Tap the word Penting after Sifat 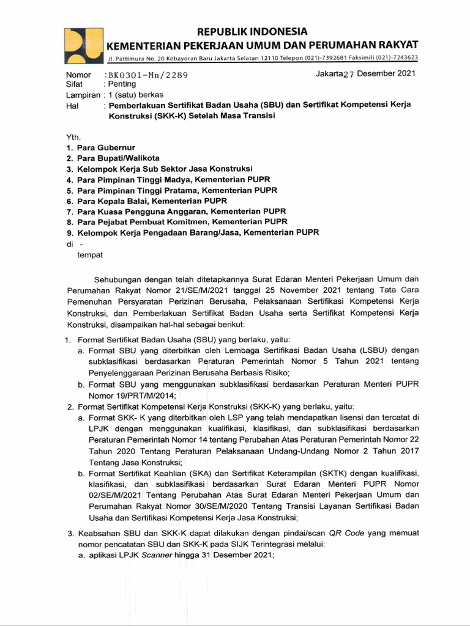pyautogui.click(x=122, y=85)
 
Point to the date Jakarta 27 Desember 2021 pyautogui.click(x=365, y=74)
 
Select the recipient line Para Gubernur pyautogui.click(x=106, y=148)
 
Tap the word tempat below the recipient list pyautogui.click(x=89, y=254)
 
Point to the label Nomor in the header pyautogui.click(x=78, y=75)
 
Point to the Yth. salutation pyautogui.click(x=73, y=138)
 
